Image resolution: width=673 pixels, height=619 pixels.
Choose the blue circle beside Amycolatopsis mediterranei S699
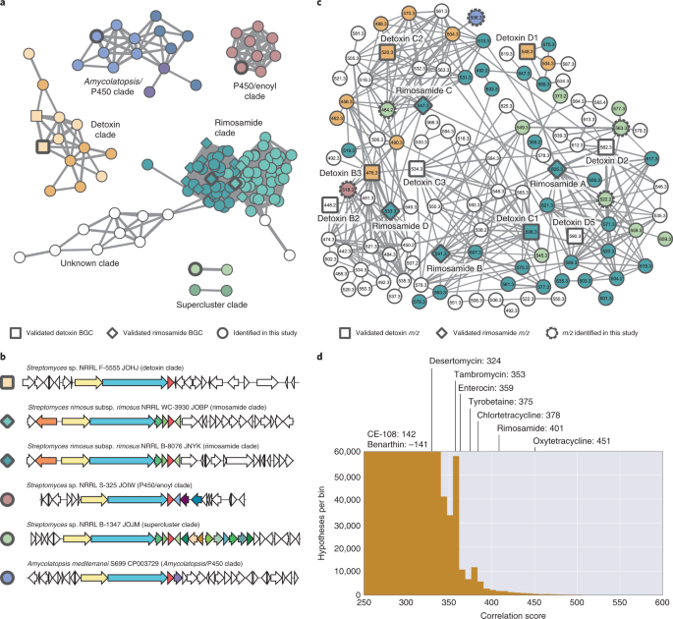9,592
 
